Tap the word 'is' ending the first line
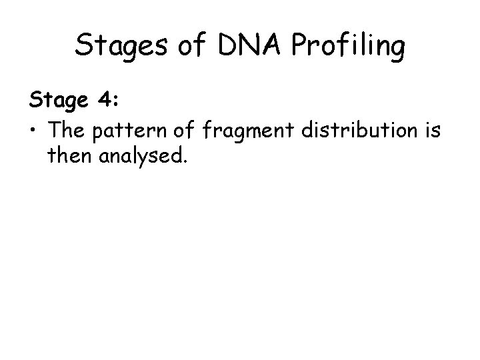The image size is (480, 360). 431,131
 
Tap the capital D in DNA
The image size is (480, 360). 223,47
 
